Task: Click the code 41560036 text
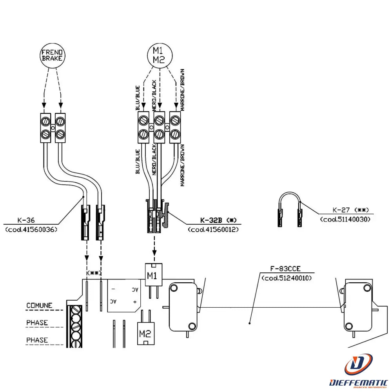(31, 229)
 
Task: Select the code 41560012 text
(213, 229)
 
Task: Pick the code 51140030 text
(345, 219)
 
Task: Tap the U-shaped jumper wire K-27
(289, 209)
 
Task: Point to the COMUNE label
(39, 305)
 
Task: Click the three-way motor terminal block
(159, 127)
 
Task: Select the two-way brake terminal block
(53, 127)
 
